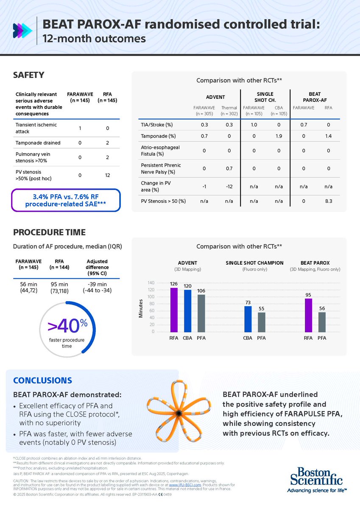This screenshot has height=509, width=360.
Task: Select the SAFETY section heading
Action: tap(29, 75)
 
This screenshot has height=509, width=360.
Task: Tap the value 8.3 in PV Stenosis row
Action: tap(329, 201)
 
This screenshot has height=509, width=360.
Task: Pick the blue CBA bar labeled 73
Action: tap(248, 319)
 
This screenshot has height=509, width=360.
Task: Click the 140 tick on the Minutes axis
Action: tap(151, 283)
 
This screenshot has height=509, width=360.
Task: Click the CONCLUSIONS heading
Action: tap(42, 380)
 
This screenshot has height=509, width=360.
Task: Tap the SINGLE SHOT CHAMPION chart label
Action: tap(254, 263)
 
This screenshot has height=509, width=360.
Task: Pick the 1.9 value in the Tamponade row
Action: tap(279, 136)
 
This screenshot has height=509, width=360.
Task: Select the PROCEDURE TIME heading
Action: tap(49, 232)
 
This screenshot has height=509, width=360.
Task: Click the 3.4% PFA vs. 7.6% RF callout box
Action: tap(67, 200)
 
